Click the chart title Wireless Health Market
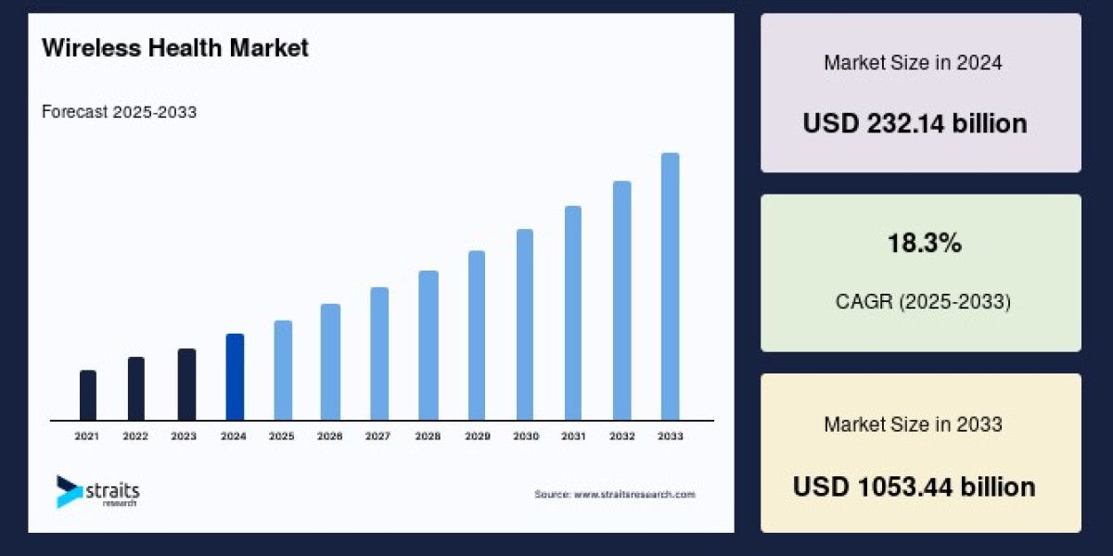pyautogui.click(x=175, y=49)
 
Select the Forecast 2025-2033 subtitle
pyautogui.click(x=119, y=112)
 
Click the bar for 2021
pyautogui.click(x=88, y=396)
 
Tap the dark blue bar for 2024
pyautogui.click(x=235, y=377)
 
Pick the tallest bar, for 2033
pyautogui.click(x=670, y=286)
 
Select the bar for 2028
pyautogui.click(x=428, y=346)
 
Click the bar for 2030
pyautogui.click(x=525, y=324)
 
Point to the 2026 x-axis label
pyautogui.click(x=330, y=436)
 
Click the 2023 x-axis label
pyautogui.click(x=185, y=436)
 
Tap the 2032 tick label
pyautogui.click(x=621, y=436)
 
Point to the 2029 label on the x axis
pyautogui.click(x=476, y=436)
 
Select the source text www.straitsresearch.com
pyautogui.click(x=615, y=495)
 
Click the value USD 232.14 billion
pyautogui.click(x=915, y=123)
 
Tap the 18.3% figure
pyautogui.click(x=920, y=245)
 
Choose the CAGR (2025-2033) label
pyautogui.click(x=920, y=302)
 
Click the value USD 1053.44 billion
pyautogui.click(x=915, y=486)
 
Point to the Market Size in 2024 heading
pyautogui.click(x=913, y=63)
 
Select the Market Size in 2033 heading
pyautogui.click(x=913, y=424)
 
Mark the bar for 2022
pyautogui.click(x=136, y=389)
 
